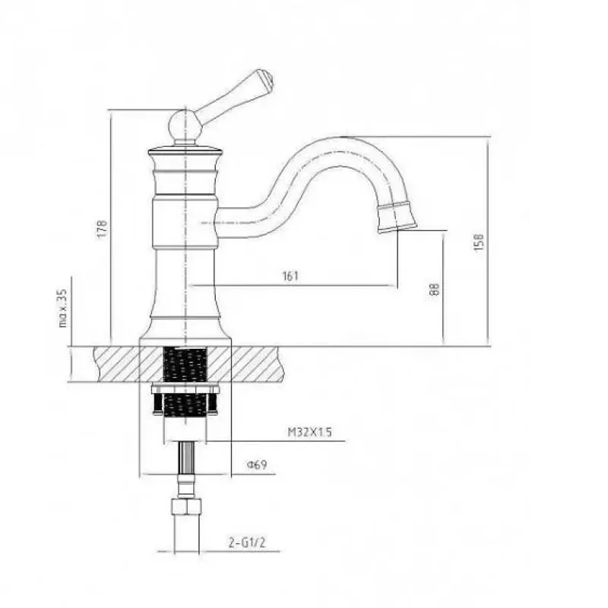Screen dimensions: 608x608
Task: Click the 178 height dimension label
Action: pyautogui.click(x=101, y=229)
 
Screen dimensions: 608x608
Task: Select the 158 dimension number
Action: pyautogui.click(x=480, y=242)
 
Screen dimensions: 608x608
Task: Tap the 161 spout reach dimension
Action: pyautogui.click(x=290, y=276)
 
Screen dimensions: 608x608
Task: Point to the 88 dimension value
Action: pyautogui.click(x=435, y=289)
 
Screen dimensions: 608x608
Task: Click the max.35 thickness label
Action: pyautogui.click(x=63, y=308)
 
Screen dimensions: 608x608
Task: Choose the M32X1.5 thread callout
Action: pyautogui.click(x=309, y=432)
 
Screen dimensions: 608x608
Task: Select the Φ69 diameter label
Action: pyautogui.click(x=257, y=464)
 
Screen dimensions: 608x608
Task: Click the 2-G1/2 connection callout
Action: pyautogui.click(x=247, y=543)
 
